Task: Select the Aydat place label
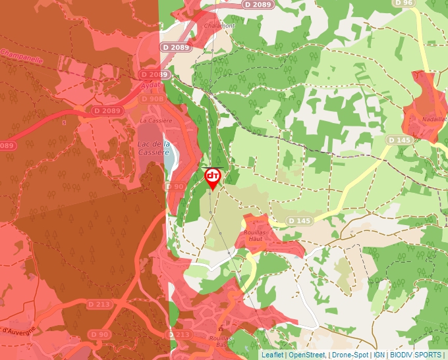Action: [x=150, y=85]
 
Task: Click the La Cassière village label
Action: [x=156, y=121]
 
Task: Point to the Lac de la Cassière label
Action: [x=154, y=148]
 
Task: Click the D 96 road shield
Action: [x=406, y=3]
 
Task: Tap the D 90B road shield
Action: [x=175, y=187]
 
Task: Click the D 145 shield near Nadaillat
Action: [x=399, y=140]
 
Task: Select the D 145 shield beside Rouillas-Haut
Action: [x=299, y=220]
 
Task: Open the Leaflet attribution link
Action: [x=272, y=355]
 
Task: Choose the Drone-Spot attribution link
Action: [x=350, y=355]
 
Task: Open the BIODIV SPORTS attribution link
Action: [x=416, y=355]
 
